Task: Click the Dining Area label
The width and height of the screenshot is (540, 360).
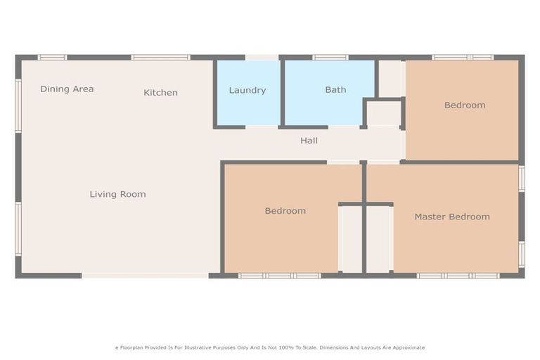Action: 67,89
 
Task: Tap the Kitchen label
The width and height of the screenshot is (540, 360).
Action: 160,93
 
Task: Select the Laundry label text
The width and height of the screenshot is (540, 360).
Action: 247,90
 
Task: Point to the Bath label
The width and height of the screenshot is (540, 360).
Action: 335,90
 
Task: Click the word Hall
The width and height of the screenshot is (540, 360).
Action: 309,141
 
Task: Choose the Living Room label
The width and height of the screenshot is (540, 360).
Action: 117,194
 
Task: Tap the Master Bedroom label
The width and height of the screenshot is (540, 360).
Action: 451,217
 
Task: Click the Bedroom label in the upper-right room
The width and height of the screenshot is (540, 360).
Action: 464,105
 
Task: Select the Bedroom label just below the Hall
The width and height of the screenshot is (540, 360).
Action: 285,211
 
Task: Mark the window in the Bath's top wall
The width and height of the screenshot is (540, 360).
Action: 330,57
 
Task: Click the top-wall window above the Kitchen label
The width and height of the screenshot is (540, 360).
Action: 160,57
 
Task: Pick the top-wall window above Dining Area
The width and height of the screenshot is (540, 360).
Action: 52,57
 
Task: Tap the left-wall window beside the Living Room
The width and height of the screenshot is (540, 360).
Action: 18,229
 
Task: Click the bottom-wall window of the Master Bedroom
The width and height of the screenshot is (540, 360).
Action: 458,276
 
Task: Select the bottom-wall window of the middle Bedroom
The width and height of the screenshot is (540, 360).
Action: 279,276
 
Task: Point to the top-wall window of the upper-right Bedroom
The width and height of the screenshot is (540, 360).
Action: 462,57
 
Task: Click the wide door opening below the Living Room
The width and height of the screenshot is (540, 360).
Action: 145,276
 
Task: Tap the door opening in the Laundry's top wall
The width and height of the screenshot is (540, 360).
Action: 262,57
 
